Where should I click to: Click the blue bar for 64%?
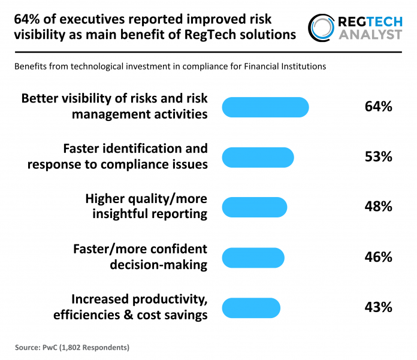click(265, 107)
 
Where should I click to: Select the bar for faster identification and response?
click(258, 157)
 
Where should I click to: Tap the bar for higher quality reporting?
click(254, 207)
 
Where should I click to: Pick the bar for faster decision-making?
click(253, 258)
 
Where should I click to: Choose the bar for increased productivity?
click(251, 307)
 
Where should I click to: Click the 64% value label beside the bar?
click(378, 107)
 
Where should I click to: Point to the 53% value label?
click(378, 157)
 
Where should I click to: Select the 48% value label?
click(378, 207)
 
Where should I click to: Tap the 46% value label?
click(378, 258)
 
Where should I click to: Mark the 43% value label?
click(378, 307)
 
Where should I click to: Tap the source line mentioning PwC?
click(72, 347)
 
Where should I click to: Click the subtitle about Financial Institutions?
click(170, 66)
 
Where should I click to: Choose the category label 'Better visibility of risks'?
click(114, 106)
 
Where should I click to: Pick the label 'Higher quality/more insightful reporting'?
click(147, 206)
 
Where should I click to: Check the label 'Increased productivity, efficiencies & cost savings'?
click(130, 307)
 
